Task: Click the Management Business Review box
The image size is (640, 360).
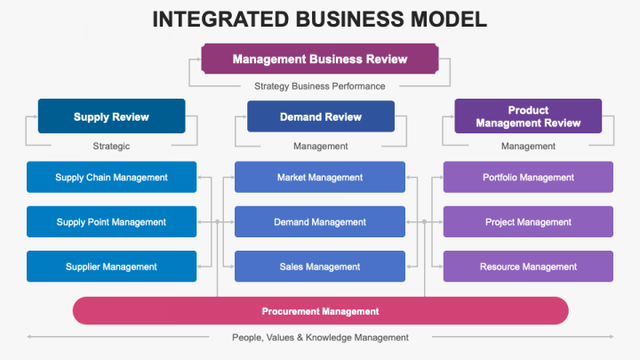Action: (x=320, y=60)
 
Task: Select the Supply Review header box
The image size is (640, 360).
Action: (x=111, y=116)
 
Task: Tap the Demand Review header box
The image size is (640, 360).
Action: (x=320, y=116)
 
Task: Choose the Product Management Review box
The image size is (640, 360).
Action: (x=528, y=116)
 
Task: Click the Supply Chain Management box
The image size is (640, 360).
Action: (x=111, y=177)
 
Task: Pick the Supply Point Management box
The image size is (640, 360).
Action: (x=111, y=222)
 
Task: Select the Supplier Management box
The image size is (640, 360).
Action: (x=111, y=267)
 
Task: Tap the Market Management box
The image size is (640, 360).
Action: (x=320, y=177)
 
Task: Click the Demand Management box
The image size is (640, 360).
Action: (x=320, y=222)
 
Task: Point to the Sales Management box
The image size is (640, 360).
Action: (x=320, y=267)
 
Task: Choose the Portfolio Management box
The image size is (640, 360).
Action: (x=528, y=177)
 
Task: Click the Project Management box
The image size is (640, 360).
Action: (x=528, y=222)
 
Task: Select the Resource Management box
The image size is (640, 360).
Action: (x=528, y=267)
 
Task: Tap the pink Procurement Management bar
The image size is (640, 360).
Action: (x=320, y=311)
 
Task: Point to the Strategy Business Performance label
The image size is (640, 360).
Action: (x=320, y=86)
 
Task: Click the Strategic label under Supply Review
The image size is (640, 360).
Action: (x=111, y=146)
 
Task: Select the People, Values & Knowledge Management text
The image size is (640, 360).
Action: (x=320, y=338)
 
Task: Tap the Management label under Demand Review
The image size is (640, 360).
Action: (x=320, y=146)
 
